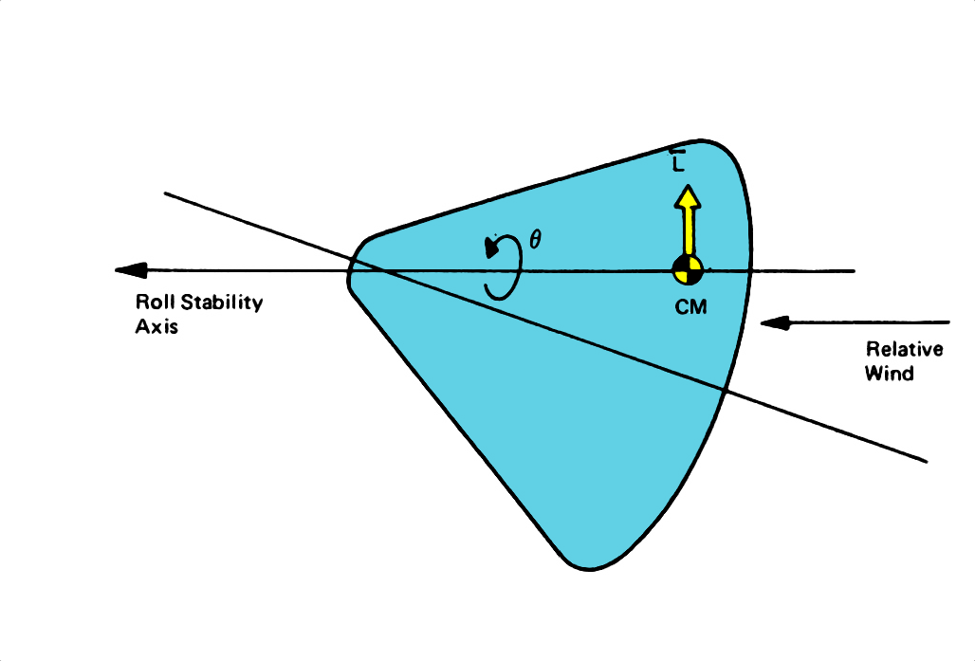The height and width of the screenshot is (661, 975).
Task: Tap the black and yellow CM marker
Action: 688,270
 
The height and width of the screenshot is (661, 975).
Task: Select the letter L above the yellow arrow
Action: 678,163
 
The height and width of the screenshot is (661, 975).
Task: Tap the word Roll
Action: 156,303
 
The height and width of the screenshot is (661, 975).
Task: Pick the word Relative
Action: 904,350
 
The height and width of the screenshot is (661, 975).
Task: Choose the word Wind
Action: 889,374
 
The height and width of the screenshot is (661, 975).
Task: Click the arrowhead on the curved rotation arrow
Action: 494,247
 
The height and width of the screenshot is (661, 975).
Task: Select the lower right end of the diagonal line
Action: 924,462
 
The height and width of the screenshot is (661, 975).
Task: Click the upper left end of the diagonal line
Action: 166,193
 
